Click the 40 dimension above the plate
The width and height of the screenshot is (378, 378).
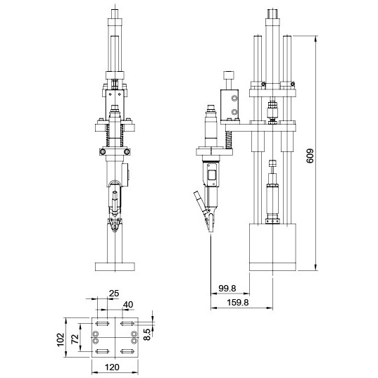point(128,304)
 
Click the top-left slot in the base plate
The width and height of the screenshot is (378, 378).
point(101,323)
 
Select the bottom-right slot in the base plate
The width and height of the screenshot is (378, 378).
point(127,351)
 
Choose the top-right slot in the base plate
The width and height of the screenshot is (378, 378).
point(127,323)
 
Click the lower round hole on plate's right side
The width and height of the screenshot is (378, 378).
point(132,341)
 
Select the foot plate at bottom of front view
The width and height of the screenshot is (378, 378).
point(114,266)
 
